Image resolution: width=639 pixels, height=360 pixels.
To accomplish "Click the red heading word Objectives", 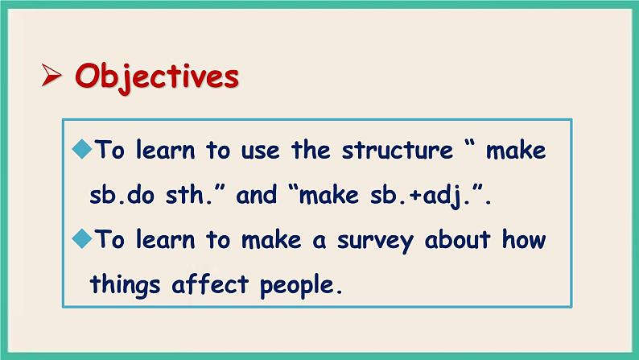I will click(157, 77).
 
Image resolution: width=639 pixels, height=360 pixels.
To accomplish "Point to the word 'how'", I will click(524, 239).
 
